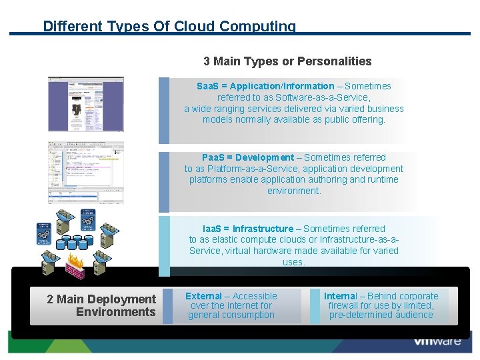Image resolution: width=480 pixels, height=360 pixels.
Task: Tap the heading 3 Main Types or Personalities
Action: tap(287, 61)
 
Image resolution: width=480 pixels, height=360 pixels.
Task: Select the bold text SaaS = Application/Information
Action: tap(265, 86)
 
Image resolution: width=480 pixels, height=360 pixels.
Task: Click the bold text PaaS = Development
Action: tap(238, 157)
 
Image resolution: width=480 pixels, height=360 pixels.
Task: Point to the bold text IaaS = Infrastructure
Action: tap(247, 229)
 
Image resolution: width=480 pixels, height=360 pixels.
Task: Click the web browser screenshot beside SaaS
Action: tap(85, 104)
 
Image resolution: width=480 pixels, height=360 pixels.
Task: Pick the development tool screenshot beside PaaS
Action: tap(85, 172)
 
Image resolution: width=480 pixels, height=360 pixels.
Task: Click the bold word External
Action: tap(203, 296)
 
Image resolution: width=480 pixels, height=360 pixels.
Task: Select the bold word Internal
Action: tap(340, 296)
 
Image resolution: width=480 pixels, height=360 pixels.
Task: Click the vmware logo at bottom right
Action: tap(437, 341)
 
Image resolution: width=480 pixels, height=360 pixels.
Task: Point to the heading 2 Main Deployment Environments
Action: tap(101, 305)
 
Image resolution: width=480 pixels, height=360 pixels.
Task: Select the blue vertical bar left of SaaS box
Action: tap(163, 110)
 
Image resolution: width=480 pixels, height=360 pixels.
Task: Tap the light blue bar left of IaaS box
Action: tap(163, 245)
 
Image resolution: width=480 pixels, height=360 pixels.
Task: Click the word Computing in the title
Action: tap(257, 27)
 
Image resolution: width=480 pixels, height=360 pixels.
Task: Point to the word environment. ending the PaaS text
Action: tap(294, 191)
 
